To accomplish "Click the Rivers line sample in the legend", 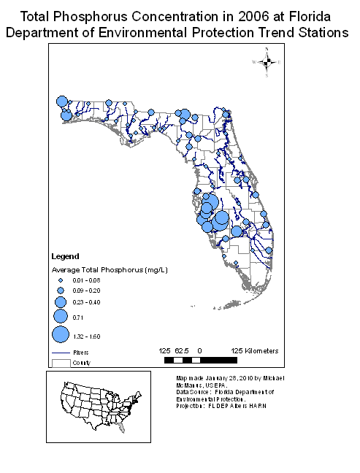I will pyautogui.click(x=61, y=352).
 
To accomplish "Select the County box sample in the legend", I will pyautogui.click(x=61, y=361).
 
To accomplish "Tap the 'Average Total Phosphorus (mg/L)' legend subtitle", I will pyautogui.click(x=110, y=269).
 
